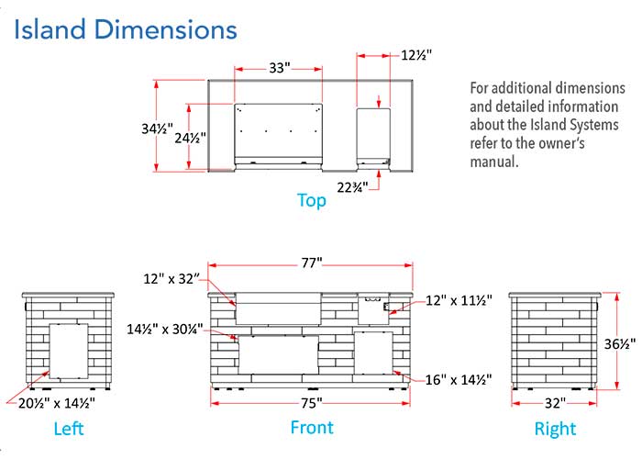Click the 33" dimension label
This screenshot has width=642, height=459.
280,67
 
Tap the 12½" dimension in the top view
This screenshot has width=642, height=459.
416,55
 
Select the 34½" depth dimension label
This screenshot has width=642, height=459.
157,129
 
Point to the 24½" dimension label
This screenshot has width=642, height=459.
191,138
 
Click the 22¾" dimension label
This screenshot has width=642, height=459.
352,187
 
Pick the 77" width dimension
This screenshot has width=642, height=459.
312,263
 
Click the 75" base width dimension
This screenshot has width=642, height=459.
312,403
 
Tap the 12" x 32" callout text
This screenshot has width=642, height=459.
172,279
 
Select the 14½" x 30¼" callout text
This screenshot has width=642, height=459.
164,329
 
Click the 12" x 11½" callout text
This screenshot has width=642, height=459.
459,300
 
